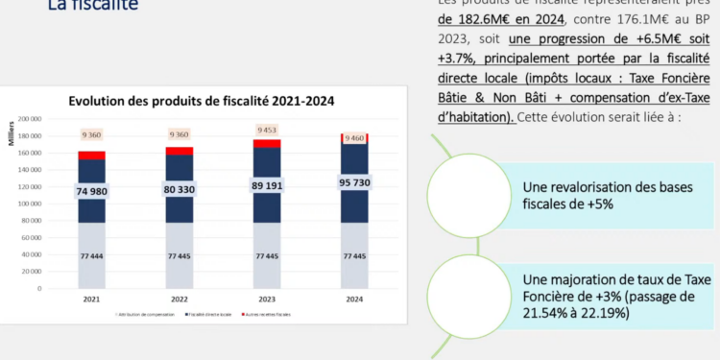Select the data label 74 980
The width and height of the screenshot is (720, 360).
coord(91,192)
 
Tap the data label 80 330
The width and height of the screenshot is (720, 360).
coord(180,190)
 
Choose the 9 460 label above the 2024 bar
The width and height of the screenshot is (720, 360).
coord(355,137)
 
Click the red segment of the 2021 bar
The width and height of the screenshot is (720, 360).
coord(92,155)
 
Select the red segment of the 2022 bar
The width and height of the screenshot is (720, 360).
coord(180,151)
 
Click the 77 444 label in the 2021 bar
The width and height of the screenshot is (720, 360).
coord(91,256)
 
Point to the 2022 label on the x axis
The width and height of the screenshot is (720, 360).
coord(180,298)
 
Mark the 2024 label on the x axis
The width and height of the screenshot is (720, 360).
coord(355,298)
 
